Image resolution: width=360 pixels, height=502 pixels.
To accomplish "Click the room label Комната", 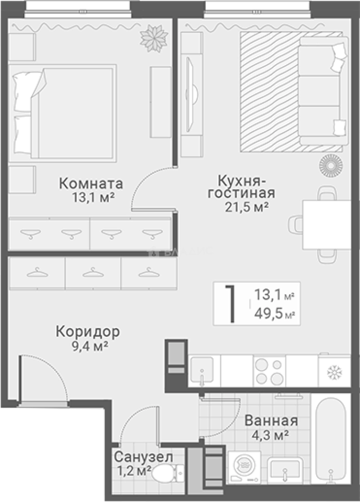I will click(91, 183).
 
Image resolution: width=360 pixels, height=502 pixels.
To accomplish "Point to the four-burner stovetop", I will click(268, 370).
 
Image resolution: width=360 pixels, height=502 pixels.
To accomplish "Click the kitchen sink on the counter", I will click(202, 370).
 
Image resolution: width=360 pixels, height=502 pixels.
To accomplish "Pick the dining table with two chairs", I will click(326, 225).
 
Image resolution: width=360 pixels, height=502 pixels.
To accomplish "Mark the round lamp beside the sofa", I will click(330, 164).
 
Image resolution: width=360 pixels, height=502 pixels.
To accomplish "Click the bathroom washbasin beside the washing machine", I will click(285, 469).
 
